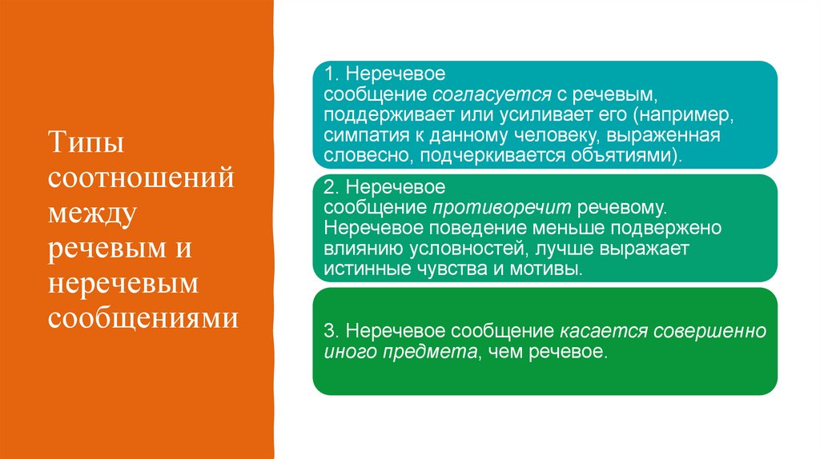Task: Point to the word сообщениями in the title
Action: (x=143, y=318)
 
